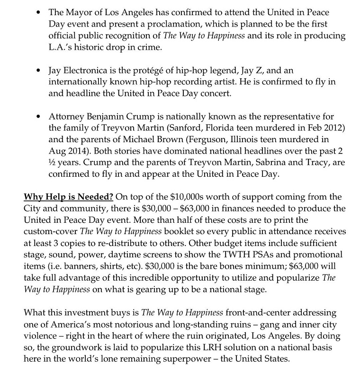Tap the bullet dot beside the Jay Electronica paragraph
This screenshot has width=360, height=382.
coord(38,70)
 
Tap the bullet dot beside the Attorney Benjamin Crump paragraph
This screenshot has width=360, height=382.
coord(38,117)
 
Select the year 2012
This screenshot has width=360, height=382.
coord(315,128)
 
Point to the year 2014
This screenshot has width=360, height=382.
coord(83,152)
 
